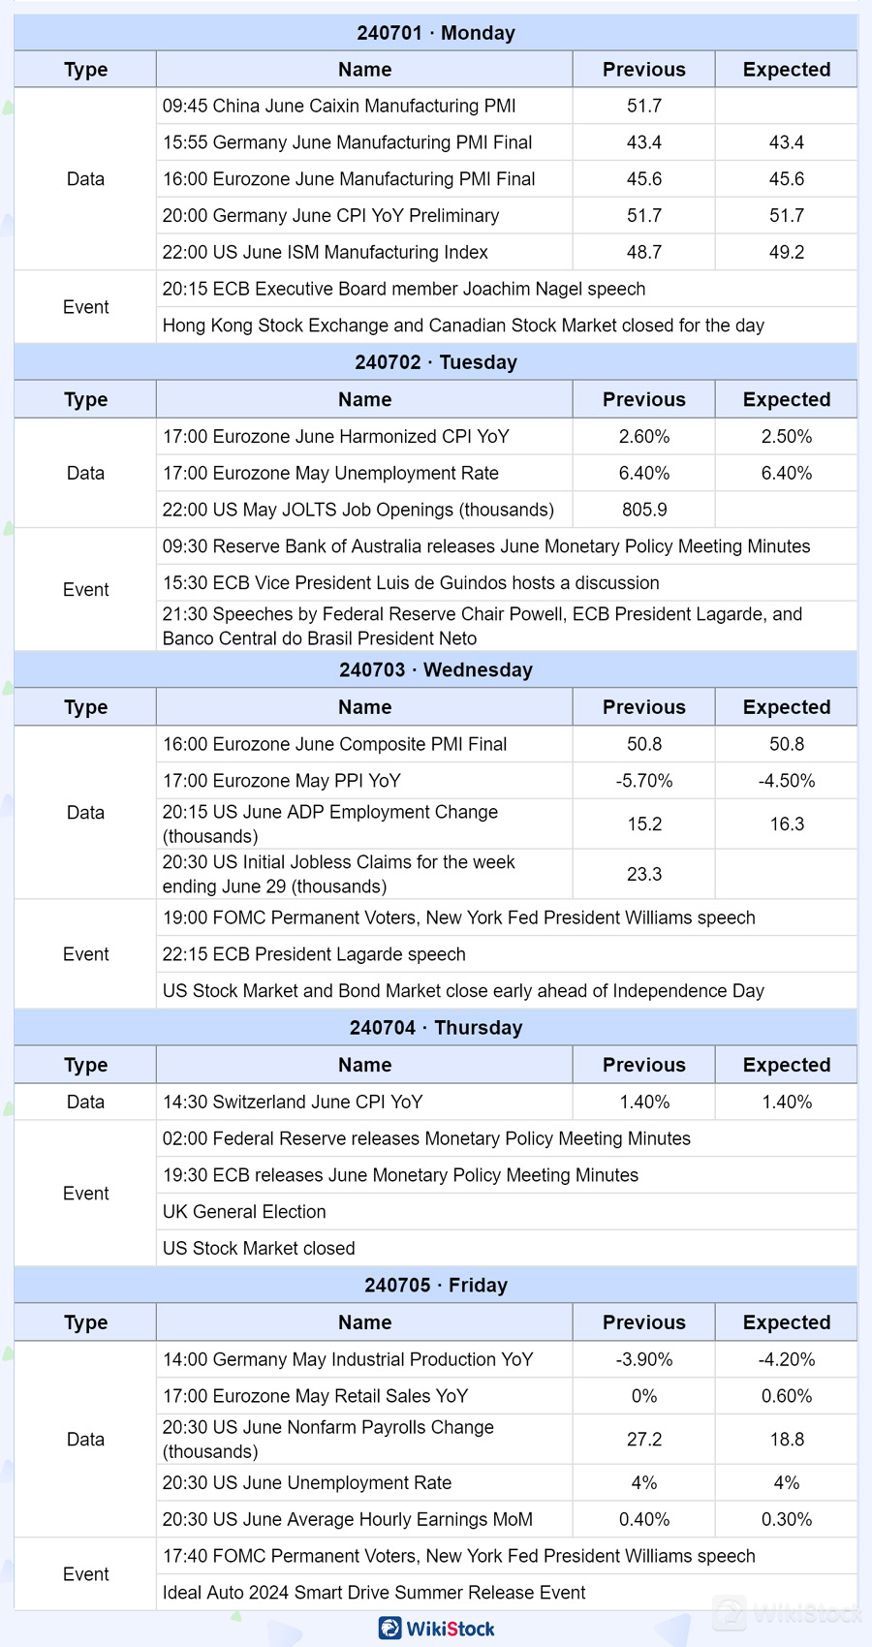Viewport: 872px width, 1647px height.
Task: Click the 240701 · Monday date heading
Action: (436, 33)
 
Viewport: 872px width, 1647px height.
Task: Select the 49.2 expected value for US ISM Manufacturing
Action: (786, 252)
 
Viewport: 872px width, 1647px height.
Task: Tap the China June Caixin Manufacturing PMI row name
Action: (339, 106)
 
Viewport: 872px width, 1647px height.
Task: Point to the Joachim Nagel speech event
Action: (403, 289)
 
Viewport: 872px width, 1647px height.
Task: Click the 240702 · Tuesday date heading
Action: (436, 362)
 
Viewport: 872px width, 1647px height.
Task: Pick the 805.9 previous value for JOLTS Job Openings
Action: (643, 510)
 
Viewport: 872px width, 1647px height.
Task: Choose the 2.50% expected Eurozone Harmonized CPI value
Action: (786, 436)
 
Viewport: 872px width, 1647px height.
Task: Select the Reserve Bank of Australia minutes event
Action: (485, 546)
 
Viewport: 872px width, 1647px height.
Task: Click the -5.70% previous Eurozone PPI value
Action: (643, 781)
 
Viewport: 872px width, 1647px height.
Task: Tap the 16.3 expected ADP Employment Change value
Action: (786, 824)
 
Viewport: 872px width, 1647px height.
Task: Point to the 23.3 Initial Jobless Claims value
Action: (643, 874)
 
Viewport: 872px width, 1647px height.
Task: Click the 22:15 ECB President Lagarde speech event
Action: (314, 954)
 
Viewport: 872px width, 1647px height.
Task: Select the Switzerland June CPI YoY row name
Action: (293, 1102)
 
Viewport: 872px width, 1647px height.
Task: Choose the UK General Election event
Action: (244, 1212)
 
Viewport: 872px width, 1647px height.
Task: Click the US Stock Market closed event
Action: (259, 1249)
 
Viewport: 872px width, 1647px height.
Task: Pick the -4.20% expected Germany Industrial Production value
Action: (786, 1359)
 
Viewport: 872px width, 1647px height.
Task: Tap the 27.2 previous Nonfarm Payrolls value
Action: (643, 1440)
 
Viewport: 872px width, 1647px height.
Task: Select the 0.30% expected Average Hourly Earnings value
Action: (786, 1519)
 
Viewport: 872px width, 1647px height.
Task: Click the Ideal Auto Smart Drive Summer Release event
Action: (374, 1593)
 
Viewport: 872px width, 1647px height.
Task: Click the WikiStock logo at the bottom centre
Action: (437, 1629)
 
